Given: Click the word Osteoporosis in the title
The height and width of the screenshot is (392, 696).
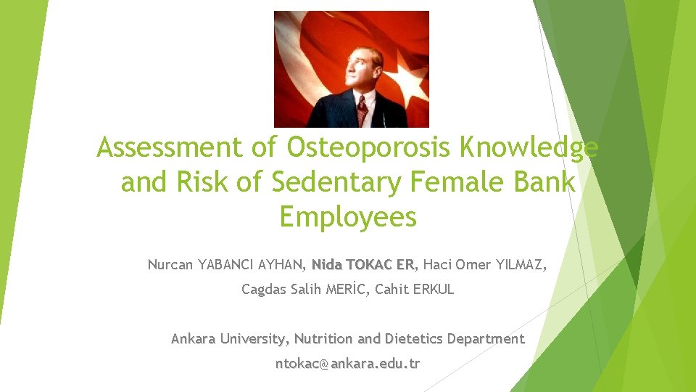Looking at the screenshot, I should click(x=369, y=148).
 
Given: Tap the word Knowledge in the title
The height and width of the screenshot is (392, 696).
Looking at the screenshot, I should click(x=529, y=148).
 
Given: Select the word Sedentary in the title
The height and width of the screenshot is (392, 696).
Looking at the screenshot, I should click(x=336, y=183).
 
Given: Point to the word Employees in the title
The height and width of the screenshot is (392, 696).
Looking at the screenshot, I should click(x=348, y=217).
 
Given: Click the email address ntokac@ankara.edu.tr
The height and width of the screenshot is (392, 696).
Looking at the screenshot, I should click(x=347, y=364).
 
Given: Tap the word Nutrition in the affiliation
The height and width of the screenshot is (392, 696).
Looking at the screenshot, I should click(x=324, y=339).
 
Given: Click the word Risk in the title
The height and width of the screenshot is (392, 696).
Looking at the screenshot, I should click(x=210, y=183).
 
